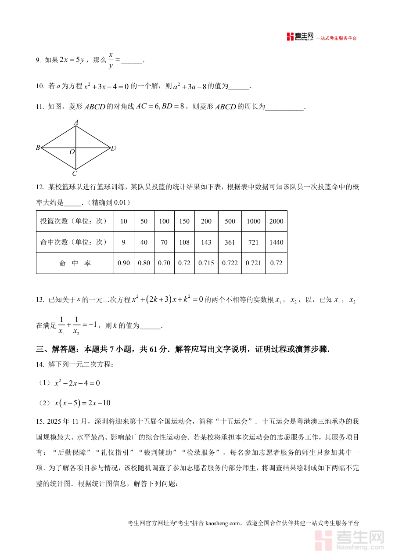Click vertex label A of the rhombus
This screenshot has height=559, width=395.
(x=76, y=122)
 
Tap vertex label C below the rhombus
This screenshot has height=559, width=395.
(x=75, y=174)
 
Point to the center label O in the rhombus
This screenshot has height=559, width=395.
(x=72, y=152)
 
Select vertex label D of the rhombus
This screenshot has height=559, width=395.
(x=113, y=148)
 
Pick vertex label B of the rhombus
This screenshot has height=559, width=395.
(x=38, y=148)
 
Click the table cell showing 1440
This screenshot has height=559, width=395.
(x=276, y=242)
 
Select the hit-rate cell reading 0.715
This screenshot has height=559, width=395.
(x=206, y=263)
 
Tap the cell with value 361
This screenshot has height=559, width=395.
(x=230, y=242)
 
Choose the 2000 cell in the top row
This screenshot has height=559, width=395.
(x=276, y=221)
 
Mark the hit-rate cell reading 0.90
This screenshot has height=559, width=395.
(x=124, y=263)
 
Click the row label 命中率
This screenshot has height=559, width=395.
(x=75, y=263)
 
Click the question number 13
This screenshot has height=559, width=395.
(x=40, y=300)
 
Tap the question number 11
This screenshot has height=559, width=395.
(x=40, y=107)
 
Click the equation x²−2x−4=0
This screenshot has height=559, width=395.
(x=77, y=383)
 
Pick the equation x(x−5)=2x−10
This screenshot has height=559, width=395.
(x=82, y=403)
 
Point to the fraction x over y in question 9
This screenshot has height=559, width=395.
(x=111, y=60)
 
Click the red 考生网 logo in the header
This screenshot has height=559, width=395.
(x=301, y=37)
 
